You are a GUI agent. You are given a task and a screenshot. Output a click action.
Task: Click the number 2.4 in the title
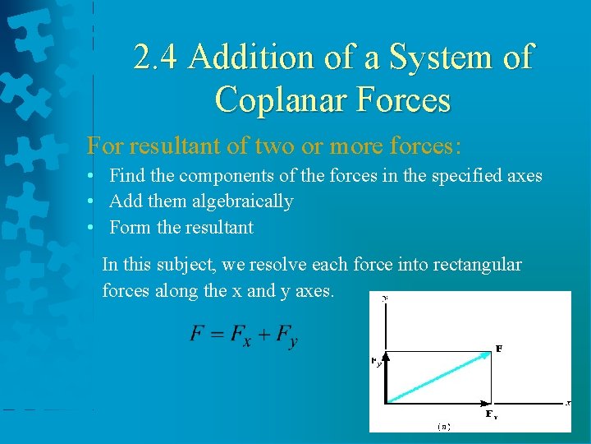(158, 58)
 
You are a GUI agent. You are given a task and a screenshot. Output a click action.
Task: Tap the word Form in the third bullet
(129, 227)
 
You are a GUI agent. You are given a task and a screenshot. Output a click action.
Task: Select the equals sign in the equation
(217, 333)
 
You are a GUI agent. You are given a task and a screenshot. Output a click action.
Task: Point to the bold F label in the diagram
(499, 349)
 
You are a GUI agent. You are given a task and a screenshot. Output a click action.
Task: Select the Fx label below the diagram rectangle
(491, 414)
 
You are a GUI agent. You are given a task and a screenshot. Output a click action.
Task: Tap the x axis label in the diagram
(566, 402)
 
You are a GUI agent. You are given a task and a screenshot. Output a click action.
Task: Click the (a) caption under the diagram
(443, 426)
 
